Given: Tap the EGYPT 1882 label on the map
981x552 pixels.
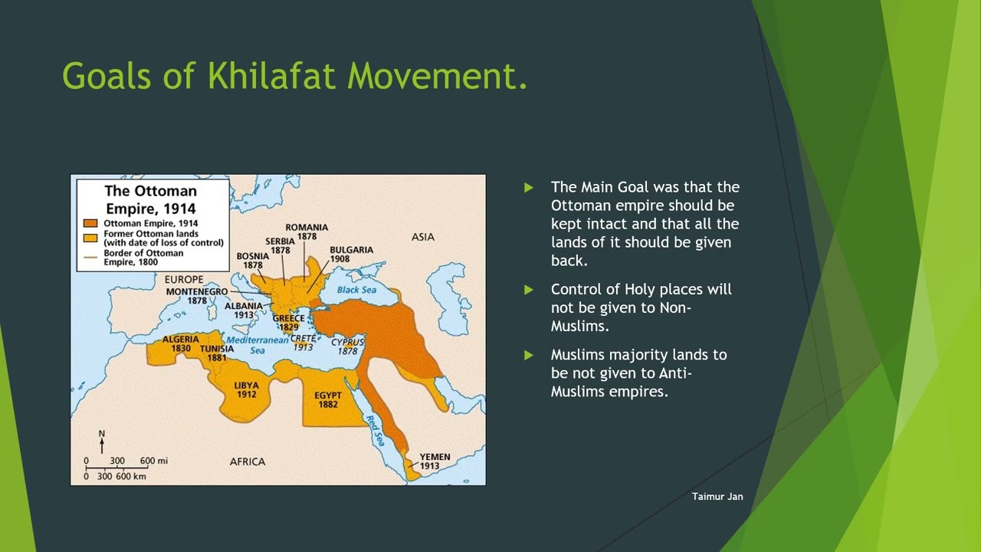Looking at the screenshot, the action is coord(327,399).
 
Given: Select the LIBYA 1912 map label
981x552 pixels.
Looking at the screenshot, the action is coord(247,390).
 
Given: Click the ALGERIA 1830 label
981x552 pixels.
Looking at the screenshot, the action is coord(180,343).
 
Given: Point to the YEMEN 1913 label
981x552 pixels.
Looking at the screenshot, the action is coord(435,461).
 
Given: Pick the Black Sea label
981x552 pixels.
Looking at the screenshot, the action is coord(356,290).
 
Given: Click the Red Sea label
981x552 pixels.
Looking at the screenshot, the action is coord(376,430).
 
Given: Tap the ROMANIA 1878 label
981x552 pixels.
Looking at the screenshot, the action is coord(307,232).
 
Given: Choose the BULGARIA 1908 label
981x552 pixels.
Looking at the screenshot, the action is coord(351,254).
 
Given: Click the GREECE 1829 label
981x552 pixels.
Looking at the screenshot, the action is coord(289,323).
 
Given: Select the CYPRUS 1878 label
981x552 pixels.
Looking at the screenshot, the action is coord(347,347).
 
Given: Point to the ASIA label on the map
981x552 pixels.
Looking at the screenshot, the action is coord(422,237).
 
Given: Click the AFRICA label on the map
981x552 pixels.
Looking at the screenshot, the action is coord(248,462).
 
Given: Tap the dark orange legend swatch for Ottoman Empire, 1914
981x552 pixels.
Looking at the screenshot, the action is coord(90,223).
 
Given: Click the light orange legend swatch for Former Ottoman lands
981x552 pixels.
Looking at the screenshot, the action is coord(90,238).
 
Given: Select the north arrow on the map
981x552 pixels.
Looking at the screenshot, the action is coord(102,442).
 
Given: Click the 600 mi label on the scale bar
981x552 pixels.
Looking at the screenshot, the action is coord(154,461).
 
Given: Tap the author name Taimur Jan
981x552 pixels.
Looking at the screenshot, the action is coord(717,496).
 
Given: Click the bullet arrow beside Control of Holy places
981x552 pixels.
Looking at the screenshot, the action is coord(529,290).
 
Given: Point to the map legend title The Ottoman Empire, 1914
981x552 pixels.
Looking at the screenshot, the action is coord(151,199).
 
